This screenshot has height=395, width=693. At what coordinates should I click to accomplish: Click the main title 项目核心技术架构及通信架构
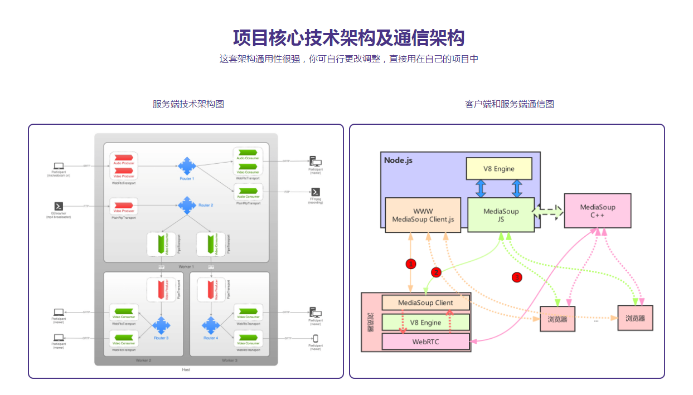pyautogui.click(x=348, y=38)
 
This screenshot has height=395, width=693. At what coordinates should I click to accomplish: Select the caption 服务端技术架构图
pyautogui.click(x=188, y=104)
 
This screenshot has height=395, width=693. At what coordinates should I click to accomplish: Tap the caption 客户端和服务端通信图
pyautogui.click(x=509, y=104)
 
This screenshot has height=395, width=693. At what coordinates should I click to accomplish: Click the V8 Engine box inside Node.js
pyautogui.click(x=499, y=168)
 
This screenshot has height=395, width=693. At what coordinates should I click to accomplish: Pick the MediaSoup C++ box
pyautogui.click(x=597, y=211)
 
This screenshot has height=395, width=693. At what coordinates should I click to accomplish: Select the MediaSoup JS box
pyautogui.click(x=501, y=215)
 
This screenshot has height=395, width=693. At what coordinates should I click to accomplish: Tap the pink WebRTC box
pyautogui.click(x=425, y=342)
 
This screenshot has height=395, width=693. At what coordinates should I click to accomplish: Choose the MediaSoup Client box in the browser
pyautogui.click(x=425, y=303)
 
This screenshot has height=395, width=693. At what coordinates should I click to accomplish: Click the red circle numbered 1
pyautogui.click(x=411, y=264)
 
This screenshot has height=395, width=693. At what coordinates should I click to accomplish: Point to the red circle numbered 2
pyautogui.click(x=436, y=272)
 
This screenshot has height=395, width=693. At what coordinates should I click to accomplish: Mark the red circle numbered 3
pyautogui.click(x=517, y=277)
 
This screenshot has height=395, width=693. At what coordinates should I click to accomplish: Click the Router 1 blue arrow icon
pyautogui.click(x=187, y=165)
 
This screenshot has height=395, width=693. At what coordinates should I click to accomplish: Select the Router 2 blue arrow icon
pyautogui.click(x=187, y=206)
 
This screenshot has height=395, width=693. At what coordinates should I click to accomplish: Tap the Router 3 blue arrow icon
pyautogui.click(x=161, y=325)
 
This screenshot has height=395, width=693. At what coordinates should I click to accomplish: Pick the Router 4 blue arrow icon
pyautogui.click(x=210, y=325)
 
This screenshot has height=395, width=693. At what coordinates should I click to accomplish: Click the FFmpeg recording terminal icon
pyautogui.click(x=316, y=192)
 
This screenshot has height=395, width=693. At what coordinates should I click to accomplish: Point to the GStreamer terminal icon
pyautogui.click(x=58, y=206)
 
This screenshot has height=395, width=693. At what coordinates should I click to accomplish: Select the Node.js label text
pyautogui.click(x=398, y=160)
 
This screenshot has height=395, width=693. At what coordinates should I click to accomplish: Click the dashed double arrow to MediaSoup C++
pyautogui.click(x=549, y=212)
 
